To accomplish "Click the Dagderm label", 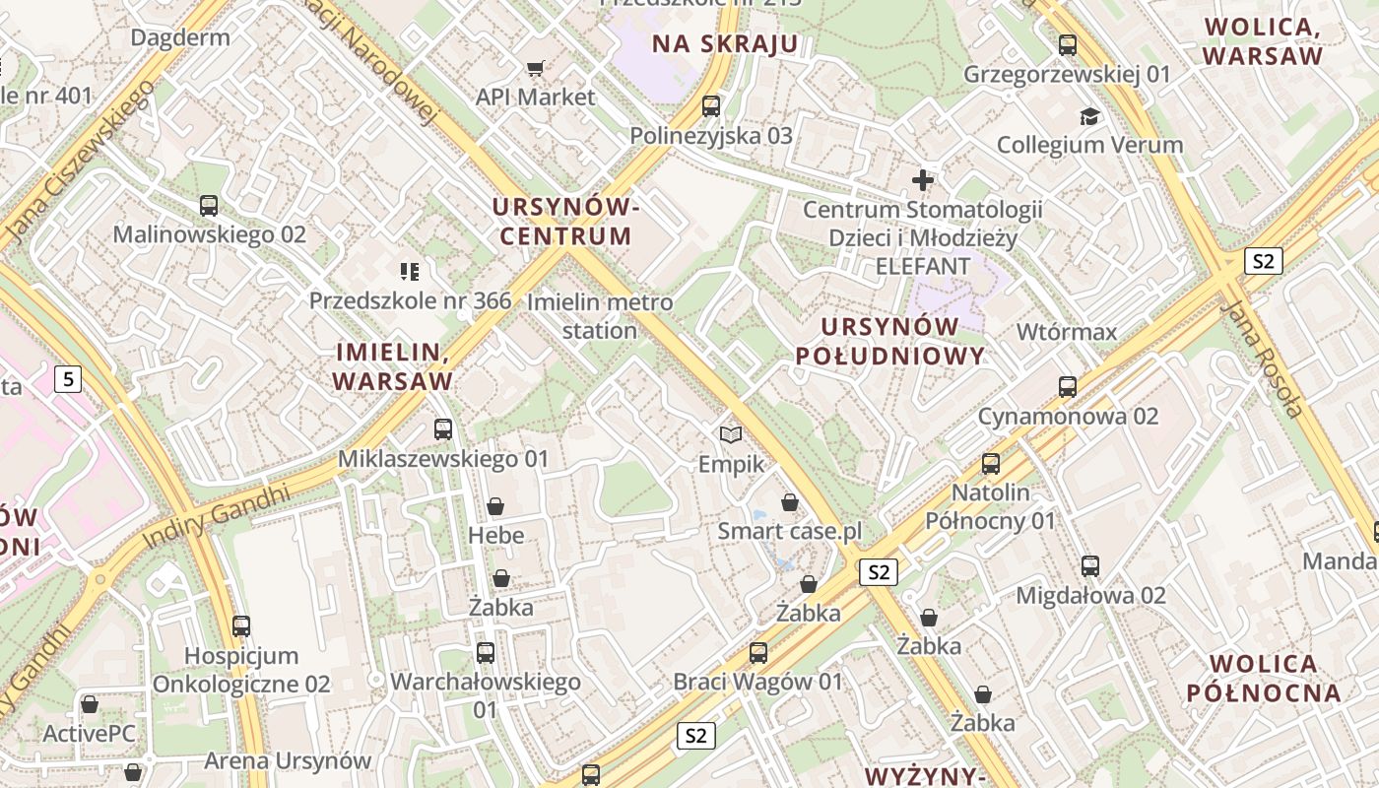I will click(180, 38).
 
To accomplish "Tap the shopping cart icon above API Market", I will click(535, 69).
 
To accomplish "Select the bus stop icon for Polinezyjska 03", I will click(711, 106).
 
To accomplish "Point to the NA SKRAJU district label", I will click(725, 43).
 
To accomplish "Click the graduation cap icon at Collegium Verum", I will click(1089, 116).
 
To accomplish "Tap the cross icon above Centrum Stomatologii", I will click(923, 180).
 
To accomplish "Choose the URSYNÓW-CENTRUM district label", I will click(565, 222).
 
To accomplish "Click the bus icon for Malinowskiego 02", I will click(209, 206).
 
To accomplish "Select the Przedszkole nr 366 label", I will click(410, 300).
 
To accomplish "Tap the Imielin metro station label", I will click(600, 316).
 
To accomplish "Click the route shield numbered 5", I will click(67, 378).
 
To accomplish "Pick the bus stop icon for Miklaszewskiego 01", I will click(443, 429).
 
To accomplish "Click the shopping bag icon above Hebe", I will click(495, 506).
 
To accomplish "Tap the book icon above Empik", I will click(731, 434).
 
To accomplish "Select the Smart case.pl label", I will click(789, 532).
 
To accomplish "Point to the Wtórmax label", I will click(1067, 332).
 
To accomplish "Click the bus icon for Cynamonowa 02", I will click(1068, 387).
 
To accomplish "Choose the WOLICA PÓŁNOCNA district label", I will click(1265, 678).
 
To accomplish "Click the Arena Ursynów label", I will click(288, 760).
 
